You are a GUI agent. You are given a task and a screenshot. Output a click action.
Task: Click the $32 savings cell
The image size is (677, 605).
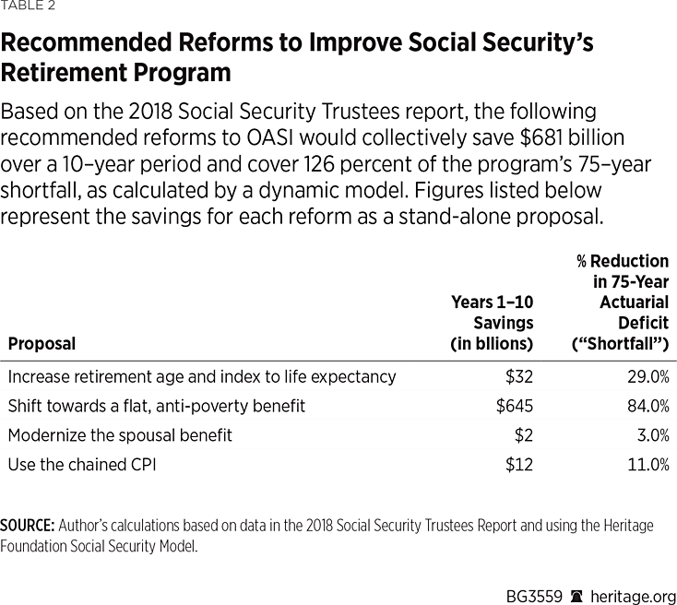518,376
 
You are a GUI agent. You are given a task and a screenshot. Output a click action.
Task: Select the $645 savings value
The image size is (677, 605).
513,406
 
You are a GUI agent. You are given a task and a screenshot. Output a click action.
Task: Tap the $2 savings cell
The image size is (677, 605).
523,434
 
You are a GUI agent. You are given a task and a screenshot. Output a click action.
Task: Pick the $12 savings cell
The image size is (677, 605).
518,464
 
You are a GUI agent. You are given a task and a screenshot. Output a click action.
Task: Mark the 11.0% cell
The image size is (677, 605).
647,464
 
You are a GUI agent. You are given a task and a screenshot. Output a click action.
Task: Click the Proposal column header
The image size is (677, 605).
42,344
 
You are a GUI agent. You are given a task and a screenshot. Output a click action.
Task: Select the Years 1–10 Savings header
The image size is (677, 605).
492,323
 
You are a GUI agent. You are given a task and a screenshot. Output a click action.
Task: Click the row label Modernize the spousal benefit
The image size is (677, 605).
120,434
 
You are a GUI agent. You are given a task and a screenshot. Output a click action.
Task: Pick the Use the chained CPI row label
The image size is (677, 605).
82,464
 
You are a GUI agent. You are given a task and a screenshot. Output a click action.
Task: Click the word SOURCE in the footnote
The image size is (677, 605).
27,526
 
